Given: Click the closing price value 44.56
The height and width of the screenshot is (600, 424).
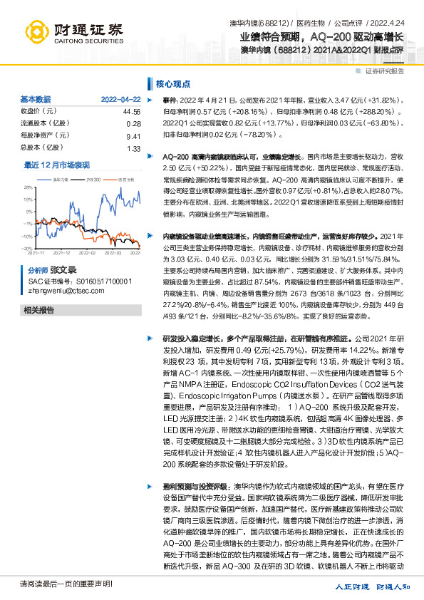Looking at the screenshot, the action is pyautogui.click(x=132, y=112).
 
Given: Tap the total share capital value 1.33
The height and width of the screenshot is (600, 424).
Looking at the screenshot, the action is pyautogui.click(x=134, y=148).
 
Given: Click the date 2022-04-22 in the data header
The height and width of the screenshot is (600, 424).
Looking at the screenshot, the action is pyautogui.click(x=120, y=99).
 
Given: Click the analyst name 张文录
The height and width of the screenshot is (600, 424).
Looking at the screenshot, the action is pyautogui.click(x=62, y=271).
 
